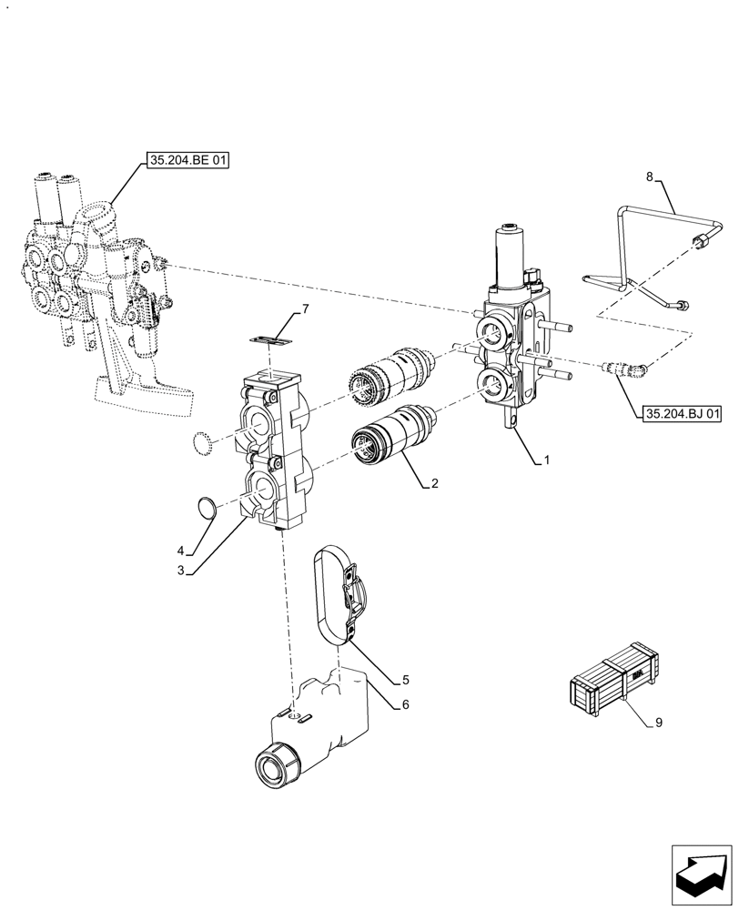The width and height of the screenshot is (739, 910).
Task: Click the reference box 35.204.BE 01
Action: point(187,161)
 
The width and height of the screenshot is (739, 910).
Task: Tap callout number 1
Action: point(547,461)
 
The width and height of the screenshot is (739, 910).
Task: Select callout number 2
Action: point(435,484)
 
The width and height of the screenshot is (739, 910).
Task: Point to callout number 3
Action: point(181,571)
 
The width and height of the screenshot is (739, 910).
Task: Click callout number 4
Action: point(181,551)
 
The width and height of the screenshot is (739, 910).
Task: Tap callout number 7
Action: point(658,723)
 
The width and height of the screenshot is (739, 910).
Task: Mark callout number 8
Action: point(648,178)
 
